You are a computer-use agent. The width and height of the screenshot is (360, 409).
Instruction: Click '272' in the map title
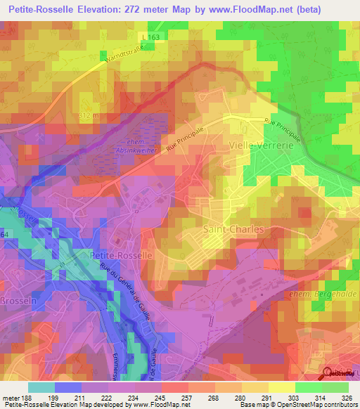pos(154,10)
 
